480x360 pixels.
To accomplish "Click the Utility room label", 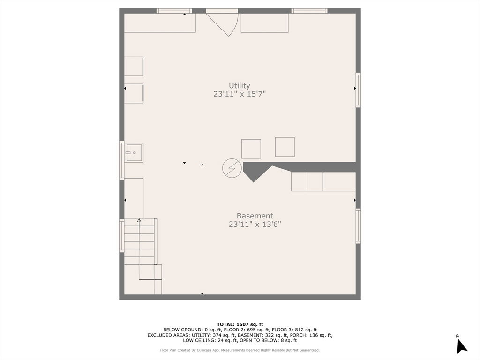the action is coord(240,86).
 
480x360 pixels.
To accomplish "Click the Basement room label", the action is coord(255,216).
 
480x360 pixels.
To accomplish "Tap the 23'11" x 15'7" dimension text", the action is coord(240,94).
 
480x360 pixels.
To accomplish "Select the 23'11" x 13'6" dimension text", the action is coord(255,225).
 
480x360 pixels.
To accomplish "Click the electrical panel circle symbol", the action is coord(232,168).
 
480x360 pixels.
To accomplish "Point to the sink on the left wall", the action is coord(134,152).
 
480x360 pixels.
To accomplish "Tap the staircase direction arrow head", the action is coord(139,220).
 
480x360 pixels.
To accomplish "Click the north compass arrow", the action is coord(462,347).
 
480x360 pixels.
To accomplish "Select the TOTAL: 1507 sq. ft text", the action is coord(240,324).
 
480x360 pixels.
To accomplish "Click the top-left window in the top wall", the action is coord(174,11).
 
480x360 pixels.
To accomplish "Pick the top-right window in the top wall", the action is coord(309,11).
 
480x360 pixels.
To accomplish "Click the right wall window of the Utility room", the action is coord(358,90).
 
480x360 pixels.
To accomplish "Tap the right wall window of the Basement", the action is coord(358,226).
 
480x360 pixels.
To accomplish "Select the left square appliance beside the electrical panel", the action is coord(251,149).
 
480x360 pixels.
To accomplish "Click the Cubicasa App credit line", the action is coord(240,350).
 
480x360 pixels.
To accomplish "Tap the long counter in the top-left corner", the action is coord(160,23).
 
